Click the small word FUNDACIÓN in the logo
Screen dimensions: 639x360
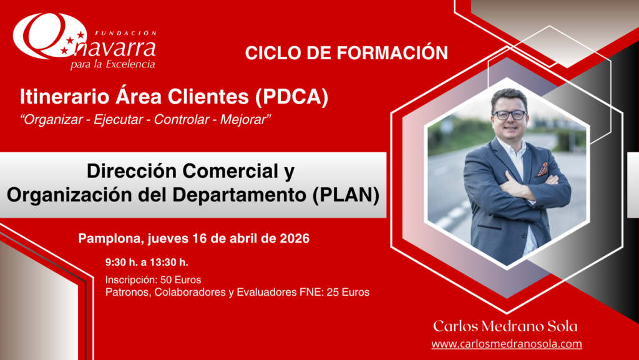pos(125,33)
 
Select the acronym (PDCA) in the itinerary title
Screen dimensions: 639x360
pos(291,97)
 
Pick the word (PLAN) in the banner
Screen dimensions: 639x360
pos(346,195)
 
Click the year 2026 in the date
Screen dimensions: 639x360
pos(295,238)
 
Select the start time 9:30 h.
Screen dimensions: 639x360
pos(122,262)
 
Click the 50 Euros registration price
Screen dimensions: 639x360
pos(180,280)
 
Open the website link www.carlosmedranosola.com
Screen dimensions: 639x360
pos(507,344)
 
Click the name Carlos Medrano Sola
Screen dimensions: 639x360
pos(505,326)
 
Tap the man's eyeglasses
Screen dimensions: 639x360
pos(509,115)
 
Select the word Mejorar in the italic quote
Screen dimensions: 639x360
pos(245,120)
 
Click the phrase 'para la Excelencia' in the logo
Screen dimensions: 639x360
pos(113,64)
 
